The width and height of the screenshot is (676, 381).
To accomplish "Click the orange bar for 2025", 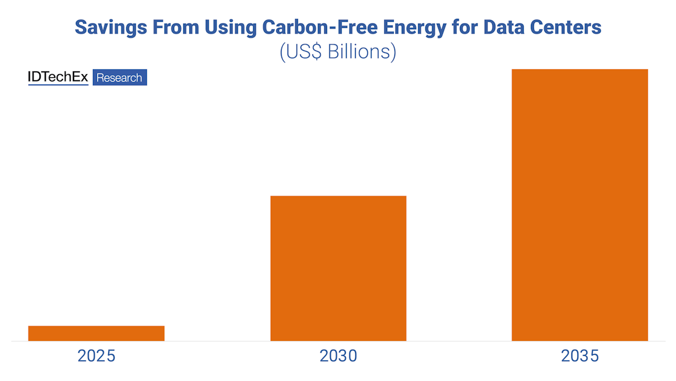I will click(96, 333).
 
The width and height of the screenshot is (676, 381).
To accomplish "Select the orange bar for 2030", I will click(338, 268).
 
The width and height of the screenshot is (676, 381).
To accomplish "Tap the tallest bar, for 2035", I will click(580, 205).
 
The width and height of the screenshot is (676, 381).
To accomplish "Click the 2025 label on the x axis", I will click(96, 355).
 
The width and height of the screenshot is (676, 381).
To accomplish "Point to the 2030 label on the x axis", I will click(338, 355).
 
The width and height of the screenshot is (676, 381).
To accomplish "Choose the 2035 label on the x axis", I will click(580, 355).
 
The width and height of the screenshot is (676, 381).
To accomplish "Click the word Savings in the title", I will click(109, 27).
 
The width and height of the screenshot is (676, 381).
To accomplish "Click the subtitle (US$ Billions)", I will click(337, 52).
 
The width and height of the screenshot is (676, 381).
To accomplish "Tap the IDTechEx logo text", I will click(58, 77).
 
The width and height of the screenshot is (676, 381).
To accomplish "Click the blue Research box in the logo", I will click(120, 78).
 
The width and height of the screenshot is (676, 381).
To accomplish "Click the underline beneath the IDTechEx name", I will click(58, 84).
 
